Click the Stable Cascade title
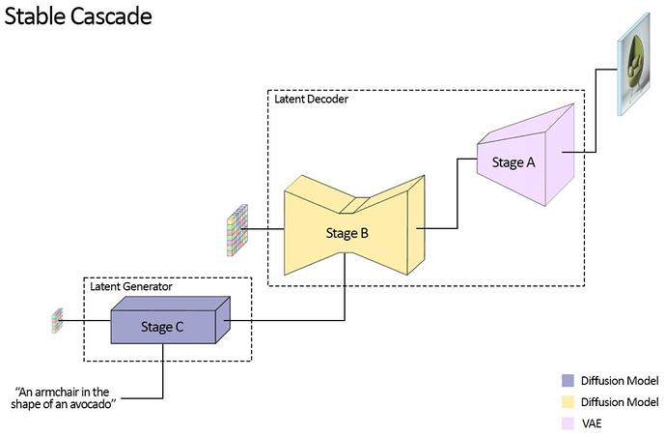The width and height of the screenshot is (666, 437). click(78, 16)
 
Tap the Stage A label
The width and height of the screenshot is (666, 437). click(513, 162)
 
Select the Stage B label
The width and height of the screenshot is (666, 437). click(347, 233)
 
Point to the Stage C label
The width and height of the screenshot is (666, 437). click(162, 327)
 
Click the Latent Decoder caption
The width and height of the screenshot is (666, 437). click(312, 100)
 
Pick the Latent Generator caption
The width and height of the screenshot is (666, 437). click(131, 286)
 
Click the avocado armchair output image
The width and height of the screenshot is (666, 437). click(634, 64)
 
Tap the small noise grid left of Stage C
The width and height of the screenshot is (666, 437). click(57, 320)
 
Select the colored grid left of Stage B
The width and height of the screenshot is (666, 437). click(237, 230)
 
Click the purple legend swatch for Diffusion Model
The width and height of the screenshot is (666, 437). click(568, 380)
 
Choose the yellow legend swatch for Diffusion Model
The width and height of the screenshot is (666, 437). click(568, 402)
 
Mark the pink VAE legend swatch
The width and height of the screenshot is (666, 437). click(568, 423)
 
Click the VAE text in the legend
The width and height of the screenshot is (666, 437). click(592, 423)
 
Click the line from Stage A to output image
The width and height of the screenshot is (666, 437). click(596, 111)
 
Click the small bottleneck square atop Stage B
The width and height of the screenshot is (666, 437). click(354, 205)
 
